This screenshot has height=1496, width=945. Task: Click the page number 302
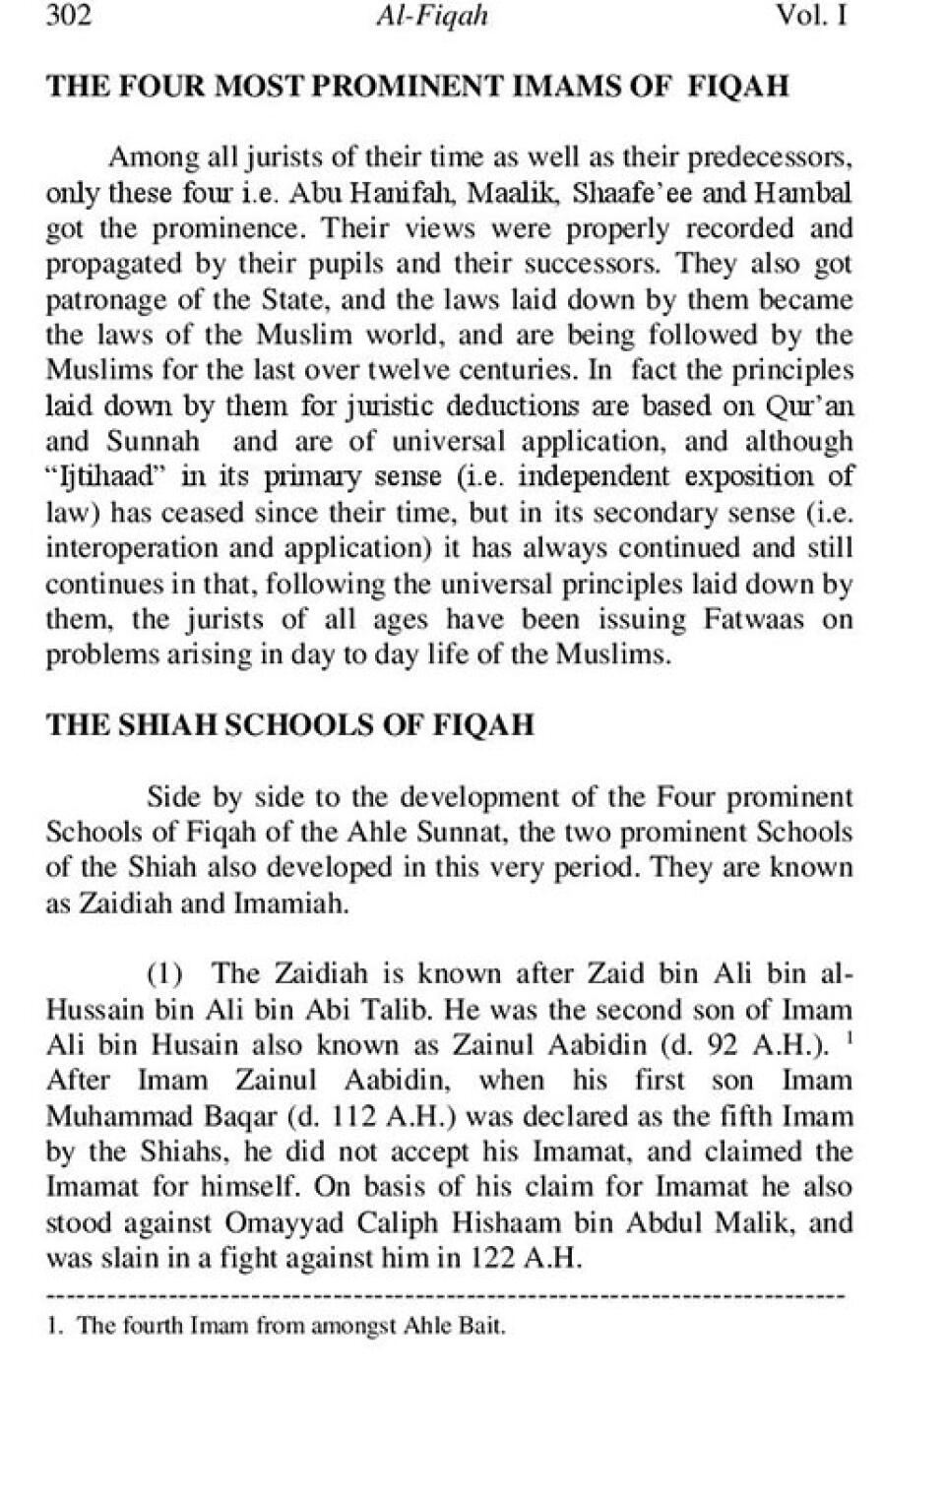(x=69, y=17)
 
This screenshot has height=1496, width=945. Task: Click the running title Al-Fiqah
(x=432, y=17)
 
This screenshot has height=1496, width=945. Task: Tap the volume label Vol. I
(x=811, y=17)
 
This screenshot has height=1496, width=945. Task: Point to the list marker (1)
(x=165, y=975)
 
